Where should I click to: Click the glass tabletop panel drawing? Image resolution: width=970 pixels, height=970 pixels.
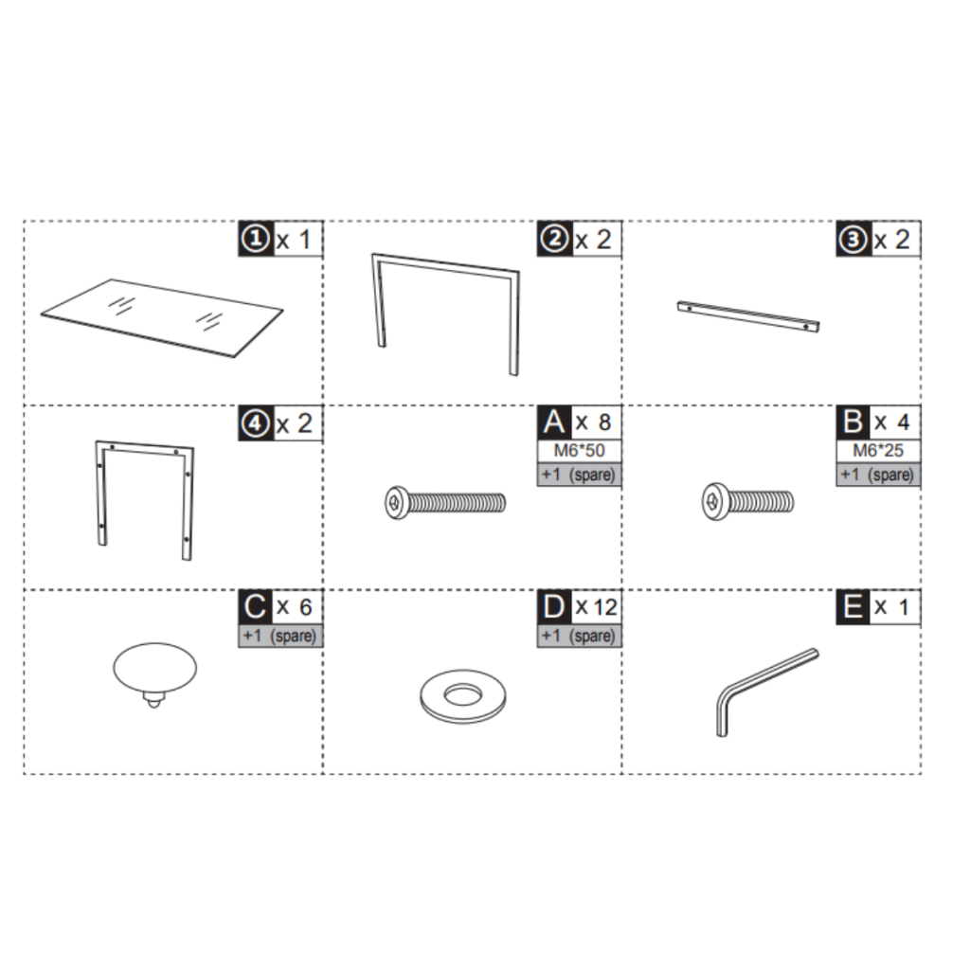click(x=161, y=317)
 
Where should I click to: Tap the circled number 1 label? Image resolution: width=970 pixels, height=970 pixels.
click(x=255, y=239)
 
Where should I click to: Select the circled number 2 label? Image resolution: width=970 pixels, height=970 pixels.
click(x=553, y=239)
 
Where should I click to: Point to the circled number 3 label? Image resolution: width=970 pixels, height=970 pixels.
click(x=853, y=239)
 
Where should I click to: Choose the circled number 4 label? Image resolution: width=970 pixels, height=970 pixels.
click(x=255, y=423)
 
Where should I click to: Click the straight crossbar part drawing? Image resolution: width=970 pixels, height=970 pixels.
click(x=748, y=316)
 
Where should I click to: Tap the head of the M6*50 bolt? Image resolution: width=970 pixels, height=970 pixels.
click(x=396, y=502)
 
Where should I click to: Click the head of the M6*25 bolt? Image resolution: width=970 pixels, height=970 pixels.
click(x=715, y=501)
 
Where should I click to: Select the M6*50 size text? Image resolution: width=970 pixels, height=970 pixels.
click(x=579, y=450)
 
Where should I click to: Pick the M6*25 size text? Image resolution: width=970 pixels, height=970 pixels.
click(x=878, y=450)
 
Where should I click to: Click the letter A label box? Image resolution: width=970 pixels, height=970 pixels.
click(x=554, y=422)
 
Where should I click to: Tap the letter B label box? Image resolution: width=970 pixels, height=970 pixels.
click(x=853, y=422)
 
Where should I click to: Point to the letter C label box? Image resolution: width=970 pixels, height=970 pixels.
click(x=255, y=607)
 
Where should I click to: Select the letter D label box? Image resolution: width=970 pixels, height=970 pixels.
click(x=554, y=607)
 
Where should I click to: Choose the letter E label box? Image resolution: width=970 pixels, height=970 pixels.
click(x=853, y=607)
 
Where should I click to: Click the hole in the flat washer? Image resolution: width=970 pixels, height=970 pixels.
click(x=461, y=694)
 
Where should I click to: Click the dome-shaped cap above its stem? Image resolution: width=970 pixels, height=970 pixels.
click(x=154, y=668)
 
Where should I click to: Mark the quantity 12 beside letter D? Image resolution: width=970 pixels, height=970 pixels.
click(x=604, y=607)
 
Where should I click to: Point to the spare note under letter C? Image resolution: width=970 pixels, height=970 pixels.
click(x=280, y=636)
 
